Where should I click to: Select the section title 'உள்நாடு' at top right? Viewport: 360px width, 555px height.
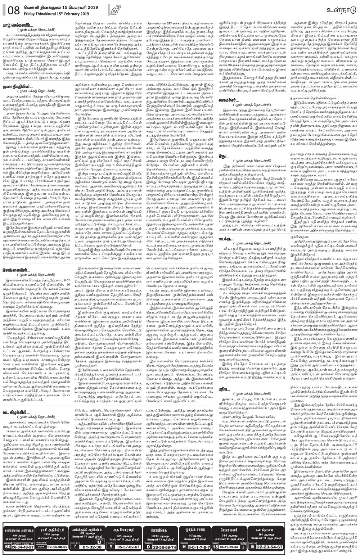pyautogui.click(x=340, y=8)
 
